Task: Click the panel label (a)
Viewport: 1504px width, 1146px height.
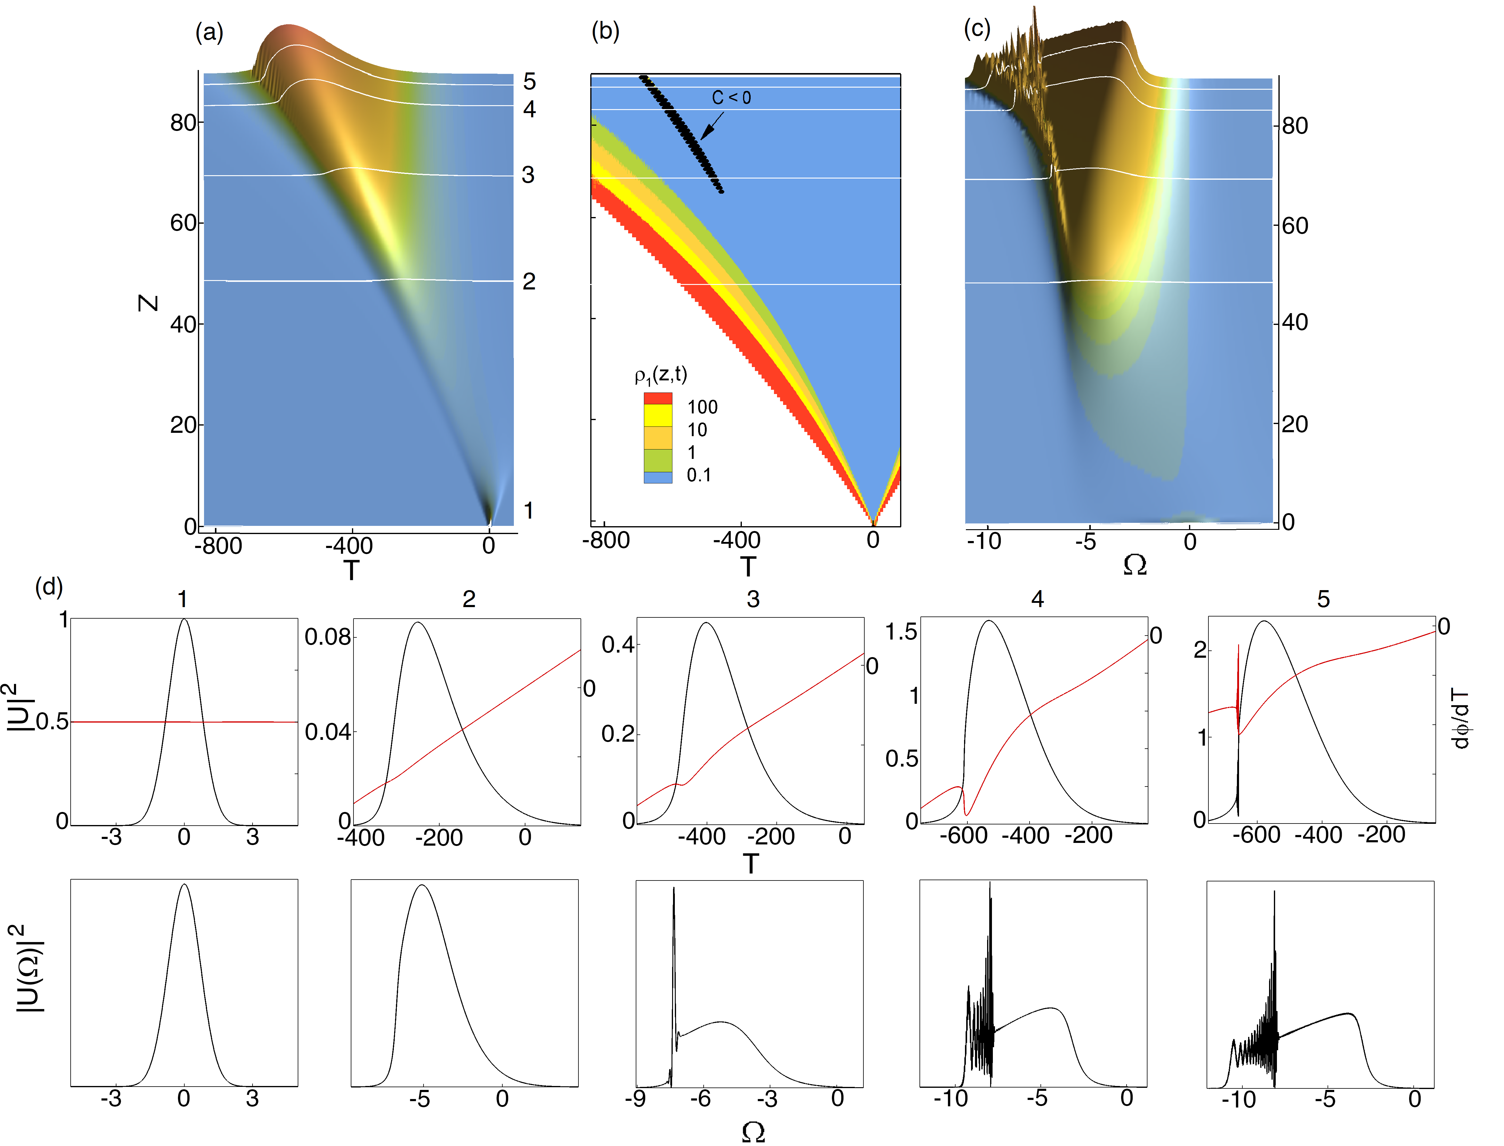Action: point(209,32)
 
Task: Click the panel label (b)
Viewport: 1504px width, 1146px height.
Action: point(605,31)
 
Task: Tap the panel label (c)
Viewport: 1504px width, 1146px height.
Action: point(976,29)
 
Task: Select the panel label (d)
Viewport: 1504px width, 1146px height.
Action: point(49,586)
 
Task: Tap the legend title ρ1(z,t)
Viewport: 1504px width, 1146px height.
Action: point(661,375)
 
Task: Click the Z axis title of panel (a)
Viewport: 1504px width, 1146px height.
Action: point(148,303)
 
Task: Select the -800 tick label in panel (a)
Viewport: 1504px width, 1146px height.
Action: point(218,546)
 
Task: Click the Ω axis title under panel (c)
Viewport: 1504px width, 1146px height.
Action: point(1134,565)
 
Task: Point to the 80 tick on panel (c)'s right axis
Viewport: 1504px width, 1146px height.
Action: point(1295,125)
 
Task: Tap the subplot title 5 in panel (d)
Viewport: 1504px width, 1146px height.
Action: point(1323,599)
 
